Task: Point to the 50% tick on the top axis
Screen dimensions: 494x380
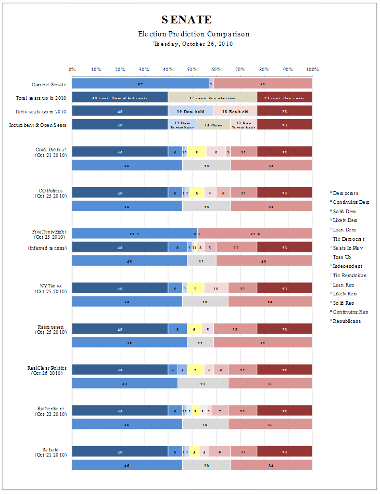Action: pyautogui.click(x=192, y=69)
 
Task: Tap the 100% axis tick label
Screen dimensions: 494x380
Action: pyautogui.click(x=312, y=69)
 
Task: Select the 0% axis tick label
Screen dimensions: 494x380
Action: pyautogui.click(x=72, y=69)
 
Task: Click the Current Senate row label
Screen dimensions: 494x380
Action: pyautogui.click(x=48, y=84)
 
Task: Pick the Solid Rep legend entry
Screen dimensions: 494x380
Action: pyautogui.click(x=346, y=302)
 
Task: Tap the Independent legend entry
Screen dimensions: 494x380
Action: pyautogui.click(x=348, y=266)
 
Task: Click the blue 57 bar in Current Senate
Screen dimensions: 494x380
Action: pyautogui.click(x=140, y=84)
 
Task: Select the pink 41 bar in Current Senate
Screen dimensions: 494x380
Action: pyautogui.click(x=263, y=84)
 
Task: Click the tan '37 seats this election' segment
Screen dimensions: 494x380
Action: pyautogui.click(x=212, y=97)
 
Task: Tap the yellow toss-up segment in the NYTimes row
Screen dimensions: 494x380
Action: pyautogui.click(x=195, y=288)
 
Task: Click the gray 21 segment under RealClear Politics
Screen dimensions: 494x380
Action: pyautogui.click(x=204, y=383)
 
